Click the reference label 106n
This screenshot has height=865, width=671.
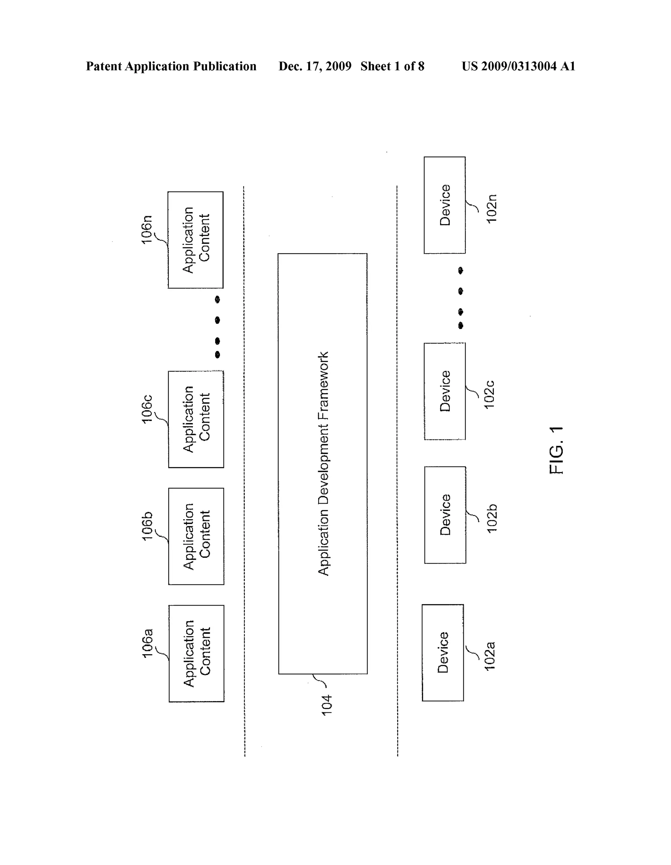click(x=147, y=229)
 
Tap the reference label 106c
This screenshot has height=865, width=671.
click(x=147, y=409)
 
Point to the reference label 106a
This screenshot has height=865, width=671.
click(x=147, y=644)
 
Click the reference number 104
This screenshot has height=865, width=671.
click(x=326, y=705)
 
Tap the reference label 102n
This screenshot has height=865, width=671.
click(x=491, y=209)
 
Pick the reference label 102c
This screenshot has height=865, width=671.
click(x=489, y=394)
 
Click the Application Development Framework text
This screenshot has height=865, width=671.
click(x=323, y=463)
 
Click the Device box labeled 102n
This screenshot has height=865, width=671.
click(x=444, y=205)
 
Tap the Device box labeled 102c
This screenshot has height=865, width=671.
click(x=444, y=391)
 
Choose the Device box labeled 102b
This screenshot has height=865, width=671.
click(x=445, y=515)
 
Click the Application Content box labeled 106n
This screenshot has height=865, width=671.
click(x=196, y=240)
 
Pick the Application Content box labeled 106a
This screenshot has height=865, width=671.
click(x=197, y=654)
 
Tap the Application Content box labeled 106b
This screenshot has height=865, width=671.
click(x=196, y=536)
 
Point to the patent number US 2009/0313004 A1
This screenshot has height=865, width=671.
click(x=518, y=66)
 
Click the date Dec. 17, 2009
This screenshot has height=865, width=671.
click(x=315, y=66)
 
